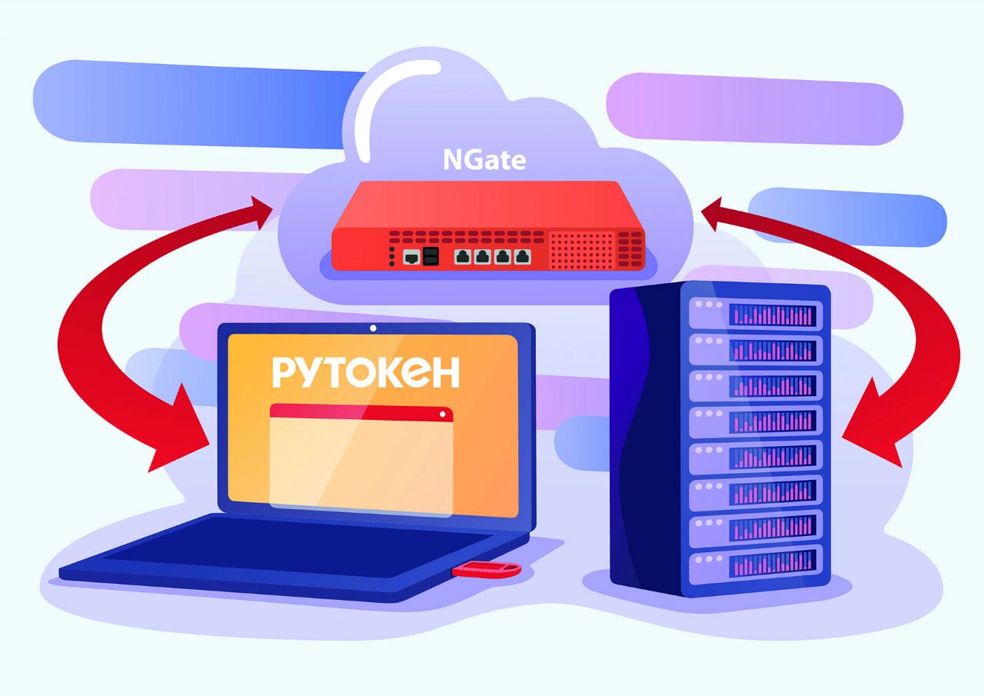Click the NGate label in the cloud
tap(484, 159)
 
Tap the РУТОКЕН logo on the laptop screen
tap(365, 372)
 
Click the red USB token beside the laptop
tap(487, 569)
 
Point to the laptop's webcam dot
tap(373, 328)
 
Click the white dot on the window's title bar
tap(442, 414)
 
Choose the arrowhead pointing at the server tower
tap(876, 431)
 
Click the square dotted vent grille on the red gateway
tap(582, 251)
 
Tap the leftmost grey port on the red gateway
tap(411, 257)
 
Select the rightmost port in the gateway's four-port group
tap(523, 257)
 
